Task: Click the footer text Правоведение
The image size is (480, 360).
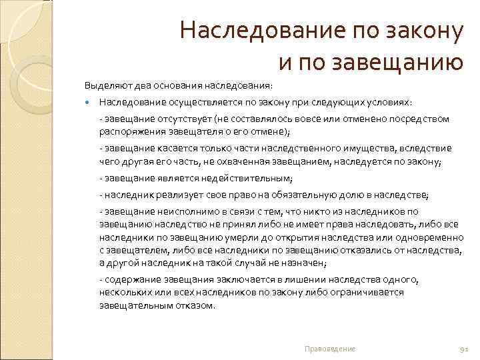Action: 329,349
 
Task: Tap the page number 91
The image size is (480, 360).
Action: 465,349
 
